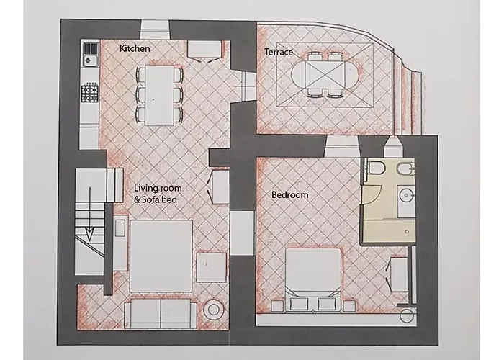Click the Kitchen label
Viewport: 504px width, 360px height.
135,48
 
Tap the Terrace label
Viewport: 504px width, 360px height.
279,52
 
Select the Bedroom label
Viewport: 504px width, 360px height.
290,195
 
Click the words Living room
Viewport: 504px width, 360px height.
158,188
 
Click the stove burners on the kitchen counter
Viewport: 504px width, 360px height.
90,93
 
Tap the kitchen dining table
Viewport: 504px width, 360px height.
159,96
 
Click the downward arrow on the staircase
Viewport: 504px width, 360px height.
90,215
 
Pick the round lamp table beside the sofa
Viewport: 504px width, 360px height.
213,310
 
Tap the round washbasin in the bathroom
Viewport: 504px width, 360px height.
406,195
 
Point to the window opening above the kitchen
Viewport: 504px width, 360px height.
155,30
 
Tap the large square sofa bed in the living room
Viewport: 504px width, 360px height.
161,256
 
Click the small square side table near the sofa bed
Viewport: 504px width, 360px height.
211,267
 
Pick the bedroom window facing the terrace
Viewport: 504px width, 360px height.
341,146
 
